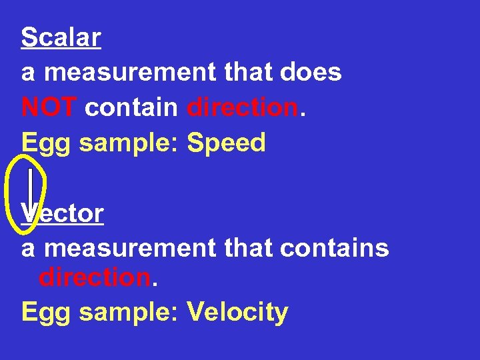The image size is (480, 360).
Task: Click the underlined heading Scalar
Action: pyautogui.click(x=61, y=37)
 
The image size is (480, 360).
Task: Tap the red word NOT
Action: pyautogui.click(x=49, y=107)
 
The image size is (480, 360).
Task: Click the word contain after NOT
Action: pyautogui.click(x=131, y=107)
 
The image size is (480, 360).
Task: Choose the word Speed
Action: pyautogui.click(x=227, y=143)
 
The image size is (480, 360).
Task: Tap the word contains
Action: pyautogui.click(x=335, y=248)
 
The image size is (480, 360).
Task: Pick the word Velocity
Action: pyautogui.click(x=237, y=311)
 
